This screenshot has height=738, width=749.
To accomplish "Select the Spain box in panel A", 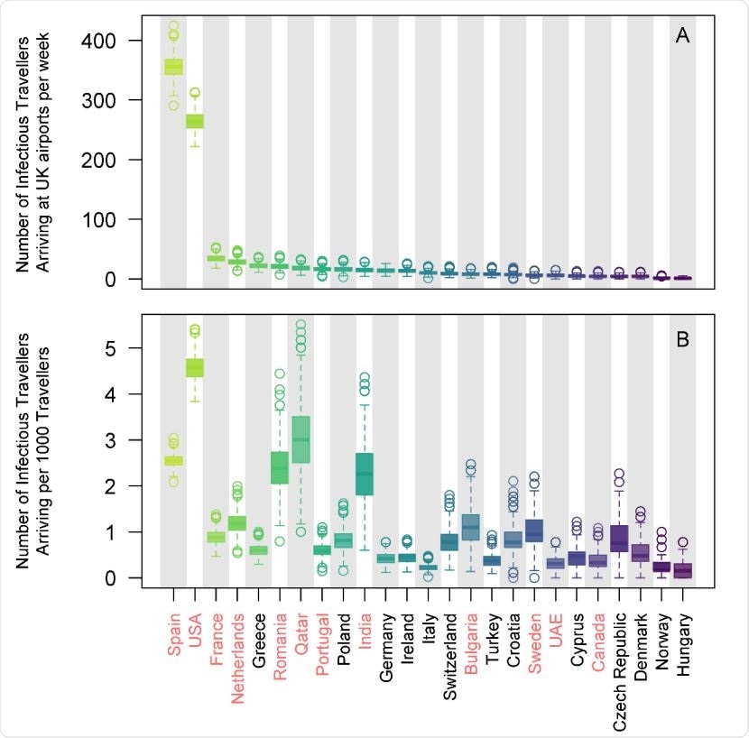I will (x=172, y=67).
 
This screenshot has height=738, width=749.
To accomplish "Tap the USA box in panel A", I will (x=194, y=121).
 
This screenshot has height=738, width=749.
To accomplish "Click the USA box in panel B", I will (x=194, y=367).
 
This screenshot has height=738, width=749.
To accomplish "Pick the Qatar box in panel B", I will (x=301, y=439).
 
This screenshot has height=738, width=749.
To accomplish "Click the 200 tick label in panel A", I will (x=125, y=160).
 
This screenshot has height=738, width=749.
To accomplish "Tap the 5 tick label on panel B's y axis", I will (x=133, y=348).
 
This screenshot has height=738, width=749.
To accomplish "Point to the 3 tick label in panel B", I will (x=133, y=440).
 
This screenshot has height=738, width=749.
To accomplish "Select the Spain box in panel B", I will (x=172, y=461).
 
